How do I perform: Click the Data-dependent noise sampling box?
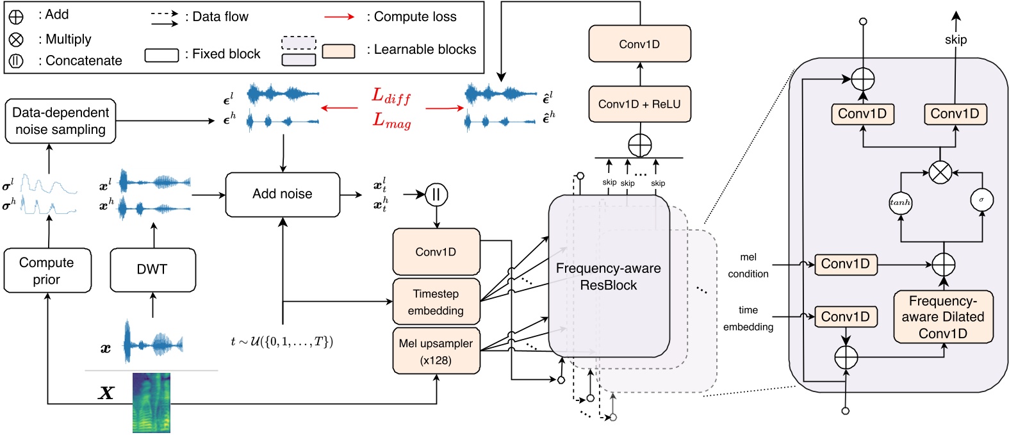pos(60,121)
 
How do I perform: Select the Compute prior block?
pos(47,271)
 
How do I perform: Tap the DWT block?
pos(152,270)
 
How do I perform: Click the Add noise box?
pos(283,194)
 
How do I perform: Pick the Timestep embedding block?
pos(436,302)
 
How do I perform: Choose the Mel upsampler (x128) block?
pos(436,351)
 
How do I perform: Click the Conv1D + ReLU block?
pos(639,104)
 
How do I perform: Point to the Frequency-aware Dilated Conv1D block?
pos(943,317)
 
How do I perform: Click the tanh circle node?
pos(900,202)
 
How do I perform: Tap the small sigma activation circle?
pos(981,200)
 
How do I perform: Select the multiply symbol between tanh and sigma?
pos(940,172)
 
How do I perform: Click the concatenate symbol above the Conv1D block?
pos(436,194)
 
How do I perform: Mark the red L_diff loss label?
pos(391,97)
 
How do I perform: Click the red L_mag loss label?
pos(391,120)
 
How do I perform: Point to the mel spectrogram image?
pos(151,402)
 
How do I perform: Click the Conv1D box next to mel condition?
pos(845,264)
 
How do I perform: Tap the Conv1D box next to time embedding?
pos(845,316)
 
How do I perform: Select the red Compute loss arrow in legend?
pos(340,17)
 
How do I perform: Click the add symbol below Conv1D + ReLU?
pos(639,145)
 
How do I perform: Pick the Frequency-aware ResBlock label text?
pos(608,277)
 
